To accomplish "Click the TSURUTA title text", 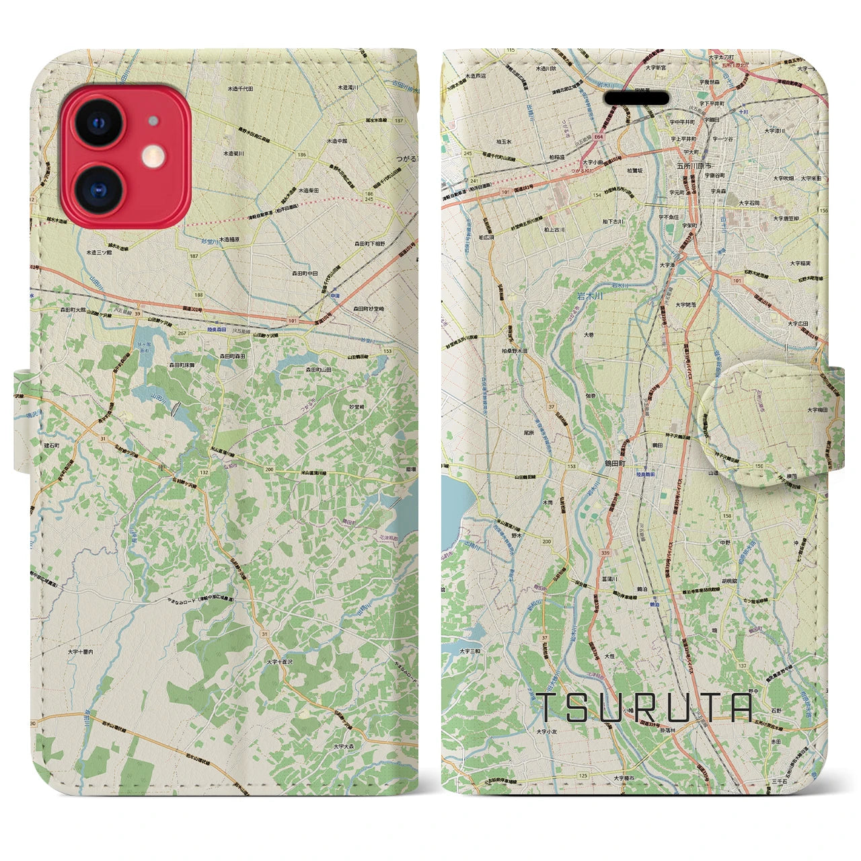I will click(645, 707).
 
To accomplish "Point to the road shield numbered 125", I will click(583, 776).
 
